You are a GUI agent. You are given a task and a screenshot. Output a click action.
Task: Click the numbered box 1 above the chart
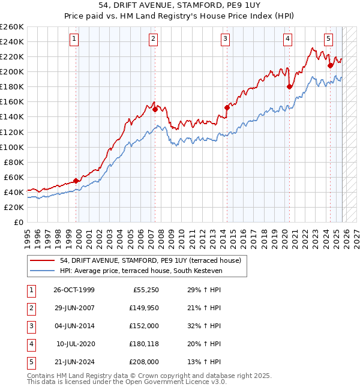(74, 39)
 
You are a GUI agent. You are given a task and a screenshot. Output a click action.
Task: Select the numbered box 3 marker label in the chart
(225, 39)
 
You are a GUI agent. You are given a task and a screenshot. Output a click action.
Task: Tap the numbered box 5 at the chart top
(329, 39)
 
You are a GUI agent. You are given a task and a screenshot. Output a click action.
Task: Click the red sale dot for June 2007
(155, 109)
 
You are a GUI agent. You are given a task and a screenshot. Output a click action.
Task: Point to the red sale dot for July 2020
(289, 86)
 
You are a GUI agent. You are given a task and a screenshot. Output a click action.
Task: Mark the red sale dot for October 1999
(76, 181)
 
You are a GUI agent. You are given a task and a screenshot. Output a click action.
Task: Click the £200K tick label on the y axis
(12, 71)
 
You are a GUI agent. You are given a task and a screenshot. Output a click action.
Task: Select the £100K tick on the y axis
(12, 147)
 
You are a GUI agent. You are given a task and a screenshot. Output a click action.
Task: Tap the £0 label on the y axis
(19, 222)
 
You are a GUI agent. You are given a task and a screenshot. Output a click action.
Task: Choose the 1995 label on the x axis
(28, 234)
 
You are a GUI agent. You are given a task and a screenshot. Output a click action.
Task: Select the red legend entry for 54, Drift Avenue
(150, 260)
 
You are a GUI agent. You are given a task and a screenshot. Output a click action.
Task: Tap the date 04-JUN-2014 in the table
(74, 326)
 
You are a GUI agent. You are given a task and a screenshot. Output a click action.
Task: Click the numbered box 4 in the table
(29, 344)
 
